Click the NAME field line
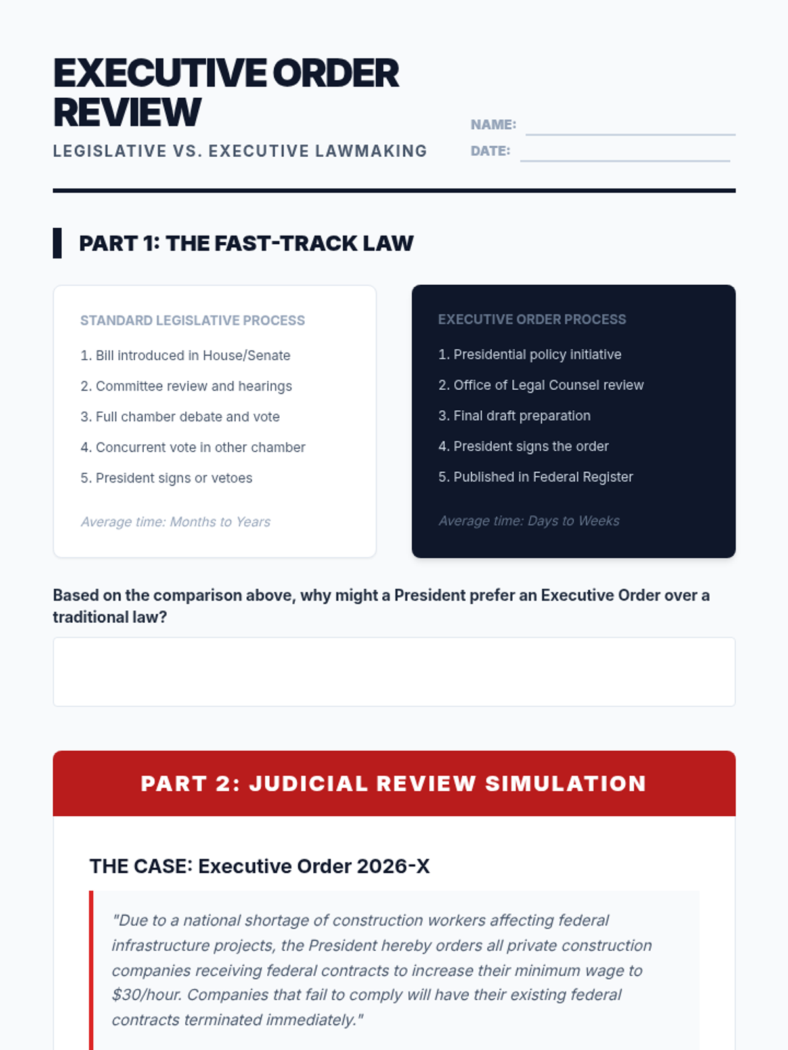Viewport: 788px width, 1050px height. (630, 135)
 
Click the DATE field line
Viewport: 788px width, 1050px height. (625, 161)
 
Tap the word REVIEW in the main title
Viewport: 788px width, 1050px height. (127, 112)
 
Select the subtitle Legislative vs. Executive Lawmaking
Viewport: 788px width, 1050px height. (240, 151)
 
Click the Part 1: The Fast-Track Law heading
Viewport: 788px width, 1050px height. (246, 243)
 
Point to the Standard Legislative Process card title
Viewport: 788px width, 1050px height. (192, 320)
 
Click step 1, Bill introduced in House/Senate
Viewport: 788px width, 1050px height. (185, 356)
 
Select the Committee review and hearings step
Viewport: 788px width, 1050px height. (186, 386)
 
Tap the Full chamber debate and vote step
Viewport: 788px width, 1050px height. (180, 417)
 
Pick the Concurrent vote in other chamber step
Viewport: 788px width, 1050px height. (193, 448)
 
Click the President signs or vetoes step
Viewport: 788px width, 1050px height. (166, 478)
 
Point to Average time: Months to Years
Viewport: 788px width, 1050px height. (175, 522)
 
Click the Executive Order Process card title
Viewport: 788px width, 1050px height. (532, 319)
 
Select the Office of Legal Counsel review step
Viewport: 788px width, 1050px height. (541, 385)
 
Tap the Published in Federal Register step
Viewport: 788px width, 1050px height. (536, 477)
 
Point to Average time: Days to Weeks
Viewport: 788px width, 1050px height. (529, 520)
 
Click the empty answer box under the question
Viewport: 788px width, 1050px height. (394, 671)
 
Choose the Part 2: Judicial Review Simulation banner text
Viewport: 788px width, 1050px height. (394, 784)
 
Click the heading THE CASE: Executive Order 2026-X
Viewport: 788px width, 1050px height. (260, 866)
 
